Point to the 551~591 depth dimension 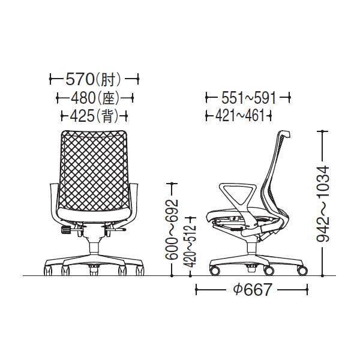tap(248, 98)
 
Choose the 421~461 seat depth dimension tap(239, 115)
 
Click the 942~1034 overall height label tap(323, 203)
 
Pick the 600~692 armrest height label tap(172, 229)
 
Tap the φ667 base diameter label tap(253, 290)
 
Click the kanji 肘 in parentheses tap(107, 80)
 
